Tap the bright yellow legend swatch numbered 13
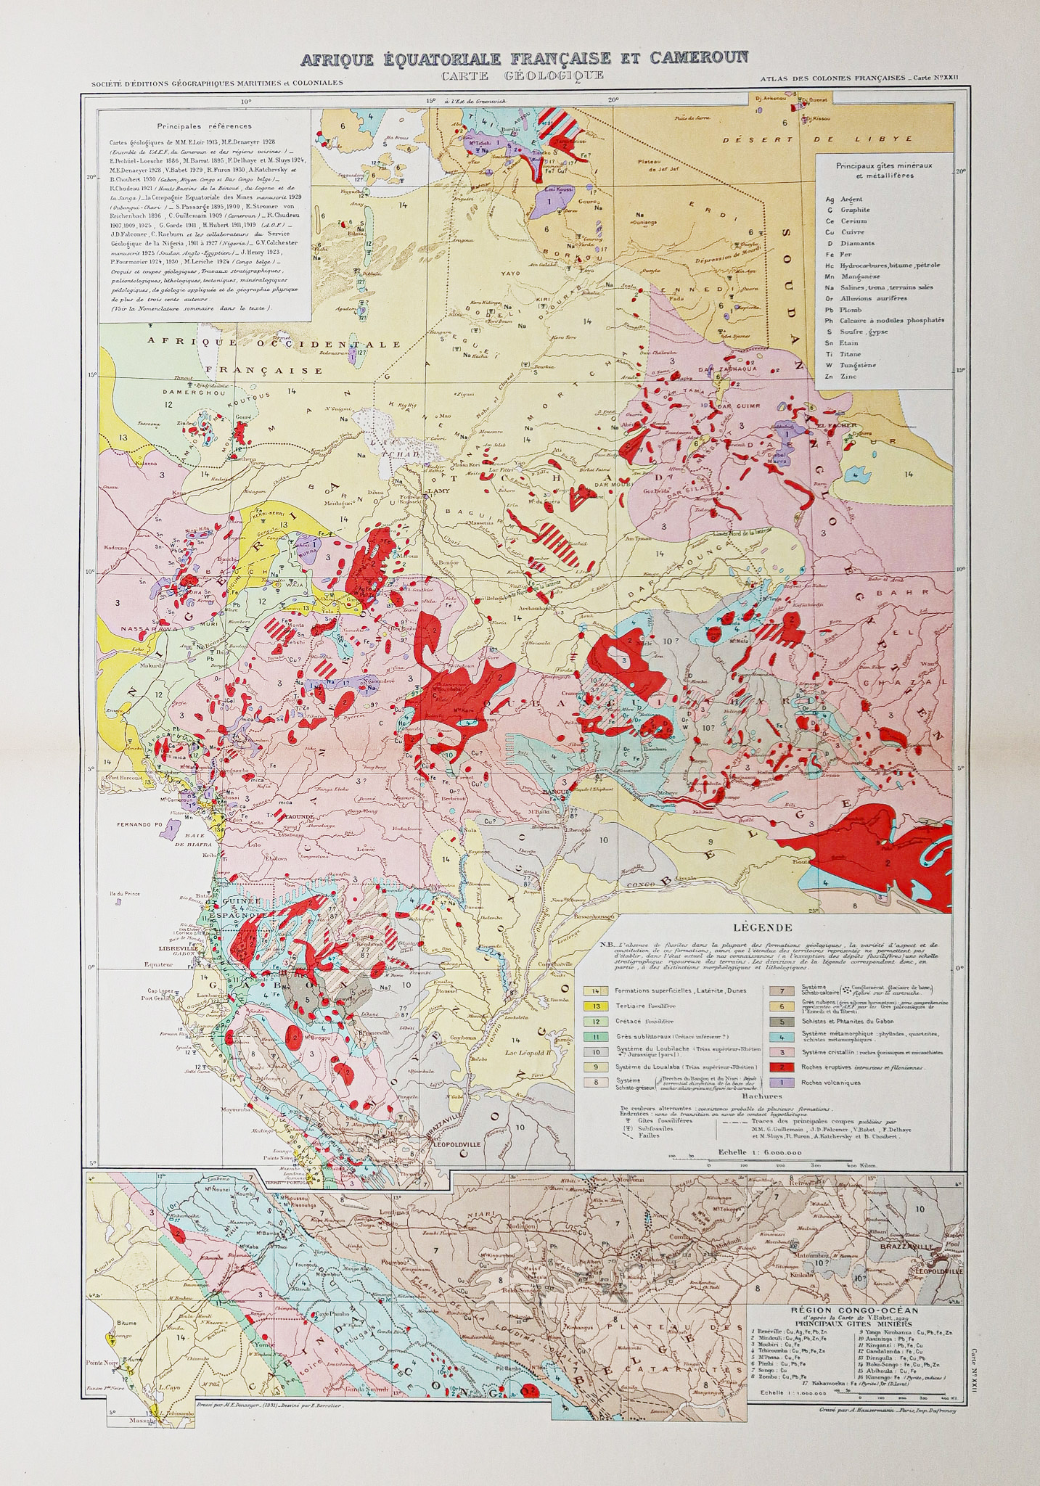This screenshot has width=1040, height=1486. [596, 1006]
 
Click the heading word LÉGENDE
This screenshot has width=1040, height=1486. [762, 927]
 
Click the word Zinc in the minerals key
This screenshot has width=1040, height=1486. [848, 377]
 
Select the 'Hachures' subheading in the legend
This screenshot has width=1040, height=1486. [761, 1096]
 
